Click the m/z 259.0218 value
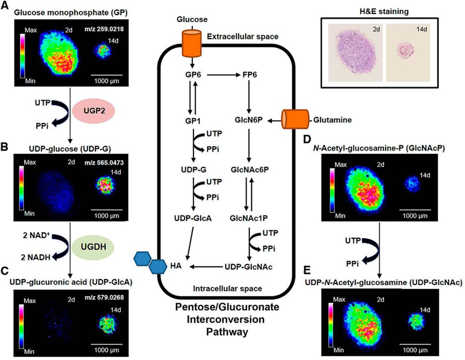click(104, 29)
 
